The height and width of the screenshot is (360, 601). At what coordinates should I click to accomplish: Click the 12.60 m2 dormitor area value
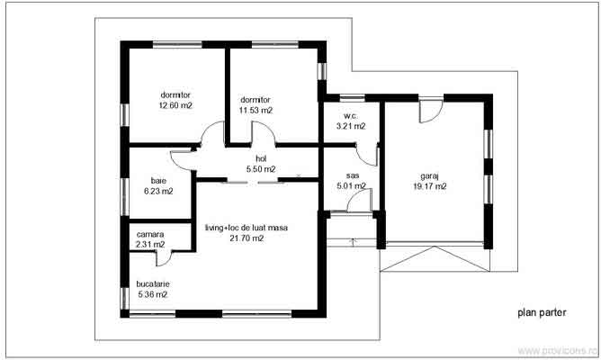pyautogui.click(x=175, y=105)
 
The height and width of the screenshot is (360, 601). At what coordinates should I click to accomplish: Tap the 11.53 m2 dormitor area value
pyautogui.click(x=256, y=110)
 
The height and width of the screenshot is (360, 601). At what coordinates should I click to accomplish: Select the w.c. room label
pyautogui.click(x=350, y=116)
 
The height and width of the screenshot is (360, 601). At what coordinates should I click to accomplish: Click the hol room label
pyautogui.click(x=261, y=157)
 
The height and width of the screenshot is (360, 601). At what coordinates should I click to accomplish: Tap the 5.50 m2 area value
pyautogui.click(x=261, y=168)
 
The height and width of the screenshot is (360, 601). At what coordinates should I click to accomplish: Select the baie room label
pyautogui.click(x=158, y=179)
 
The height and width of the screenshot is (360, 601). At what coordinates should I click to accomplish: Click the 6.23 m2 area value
pyautogui.click(x=158, y=191)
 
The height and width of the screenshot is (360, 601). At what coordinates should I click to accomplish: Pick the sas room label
pyautogui.click(x=353, y=176)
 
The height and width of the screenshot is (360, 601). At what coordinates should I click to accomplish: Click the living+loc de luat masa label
pyautogui.click(x=246, y=228)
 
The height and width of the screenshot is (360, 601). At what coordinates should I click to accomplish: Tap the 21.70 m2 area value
pyautogui.click(x=246, y=239)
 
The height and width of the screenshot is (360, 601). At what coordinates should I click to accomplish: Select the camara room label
pyautogui.click(x=150, y=234)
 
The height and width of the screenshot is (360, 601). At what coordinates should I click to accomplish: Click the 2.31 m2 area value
pyautogui.click(x=150, y=244)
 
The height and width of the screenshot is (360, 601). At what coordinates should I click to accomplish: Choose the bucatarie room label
pyautogui.click(x=153, y=283)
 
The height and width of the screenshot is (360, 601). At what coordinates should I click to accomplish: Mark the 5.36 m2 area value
pyautogui.click(x=153, y=294)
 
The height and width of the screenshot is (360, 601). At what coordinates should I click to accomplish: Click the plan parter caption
pyautogui.click(x=541, y=314)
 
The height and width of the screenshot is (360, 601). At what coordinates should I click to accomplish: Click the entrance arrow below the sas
pyautogui.click(x=353, y=240)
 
